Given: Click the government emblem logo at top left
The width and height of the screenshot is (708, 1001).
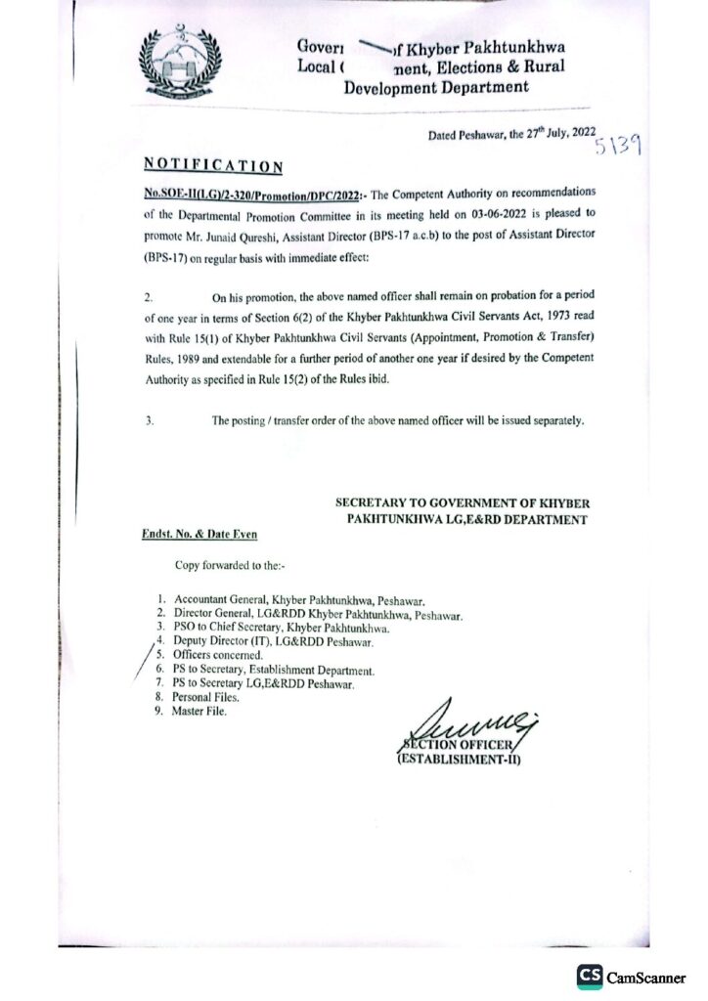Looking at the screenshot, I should (182, 67).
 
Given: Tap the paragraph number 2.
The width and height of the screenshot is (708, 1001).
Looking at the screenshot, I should (148, 295).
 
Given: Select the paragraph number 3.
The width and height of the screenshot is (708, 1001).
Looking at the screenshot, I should (148, 421).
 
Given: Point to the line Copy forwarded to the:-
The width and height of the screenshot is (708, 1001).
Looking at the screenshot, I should (230, 566).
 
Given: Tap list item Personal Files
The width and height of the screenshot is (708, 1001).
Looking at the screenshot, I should (204, 697).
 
